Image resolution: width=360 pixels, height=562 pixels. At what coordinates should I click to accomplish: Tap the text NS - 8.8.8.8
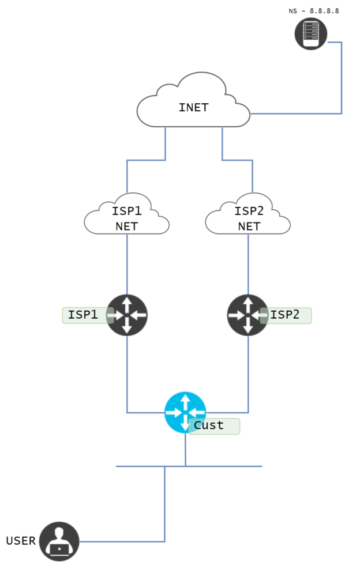313,10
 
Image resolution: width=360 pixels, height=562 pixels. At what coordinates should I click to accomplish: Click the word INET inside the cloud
193,108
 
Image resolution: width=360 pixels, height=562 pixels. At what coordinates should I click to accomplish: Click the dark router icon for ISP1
127,315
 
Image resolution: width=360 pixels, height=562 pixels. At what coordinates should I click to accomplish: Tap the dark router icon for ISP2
247,315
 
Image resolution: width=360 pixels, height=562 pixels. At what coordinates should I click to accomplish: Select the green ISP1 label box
84,315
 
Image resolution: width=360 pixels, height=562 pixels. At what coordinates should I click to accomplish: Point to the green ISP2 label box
288,315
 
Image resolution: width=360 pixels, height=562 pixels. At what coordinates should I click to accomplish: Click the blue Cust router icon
185,412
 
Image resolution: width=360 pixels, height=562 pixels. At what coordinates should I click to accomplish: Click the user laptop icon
59,541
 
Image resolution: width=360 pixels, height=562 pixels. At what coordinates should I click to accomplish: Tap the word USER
21,541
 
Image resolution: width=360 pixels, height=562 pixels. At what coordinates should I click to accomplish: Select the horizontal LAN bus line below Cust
231,466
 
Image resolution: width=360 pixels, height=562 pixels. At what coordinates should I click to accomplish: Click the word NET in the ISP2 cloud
249,227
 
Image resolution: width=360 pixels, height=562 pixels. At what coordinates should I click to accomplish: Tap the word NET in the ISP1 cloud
126,227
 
